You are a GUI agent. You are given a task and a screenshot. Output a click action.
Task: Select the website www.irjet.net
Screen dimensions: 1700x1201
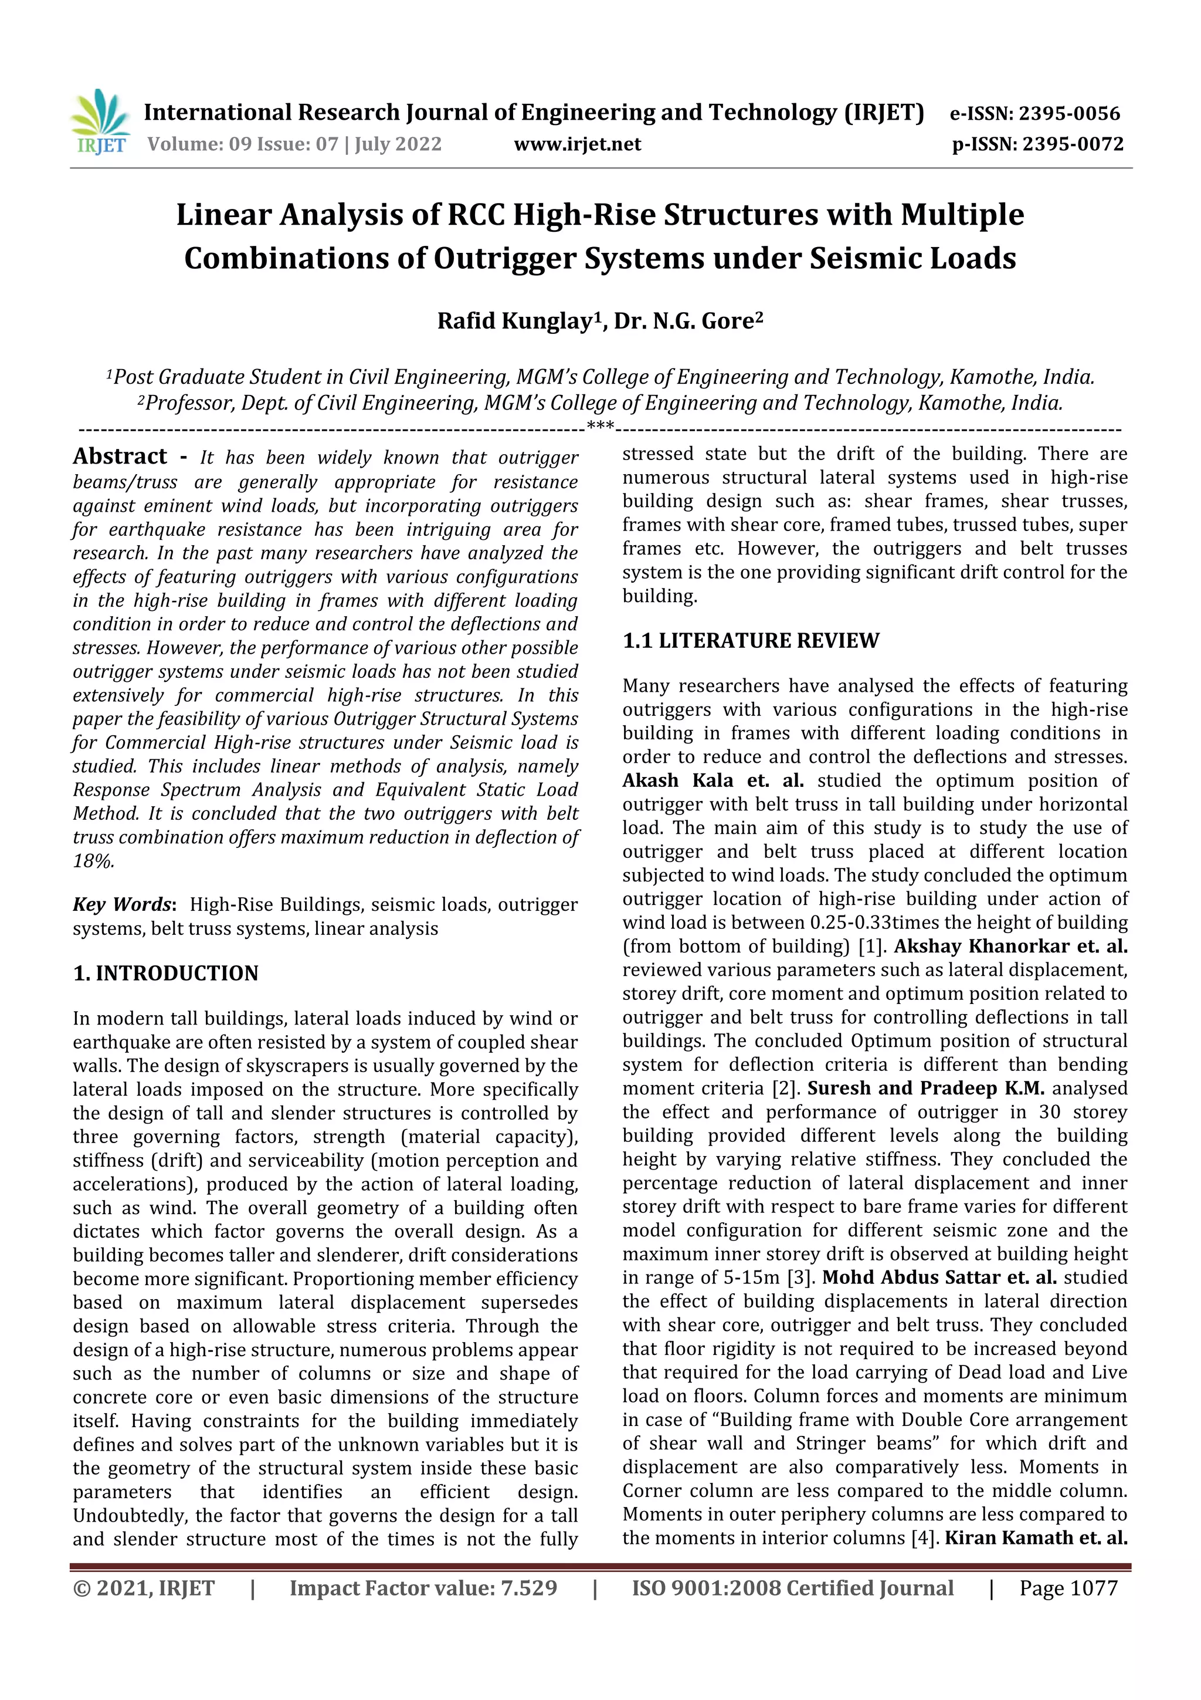pos(577,144)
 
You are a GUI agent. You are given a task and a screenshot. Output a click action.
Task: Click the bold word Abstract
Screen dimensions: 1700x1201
pos(120,456)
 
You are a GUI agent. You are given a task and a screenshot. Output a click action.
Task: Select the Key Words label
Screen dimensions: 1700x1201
pos(123,905)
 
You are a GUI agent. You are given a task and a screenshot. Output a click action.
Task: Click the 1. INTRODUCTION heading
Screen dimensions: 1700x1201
pos(166,973)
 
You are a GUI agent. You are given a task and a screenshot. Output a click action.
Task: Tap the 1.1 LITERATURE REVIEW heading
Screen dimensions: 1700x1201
pos(751,640)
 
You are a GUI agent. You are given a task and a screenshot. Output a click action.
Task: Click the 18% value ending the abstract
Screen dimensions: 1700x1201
pos(93,861)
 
